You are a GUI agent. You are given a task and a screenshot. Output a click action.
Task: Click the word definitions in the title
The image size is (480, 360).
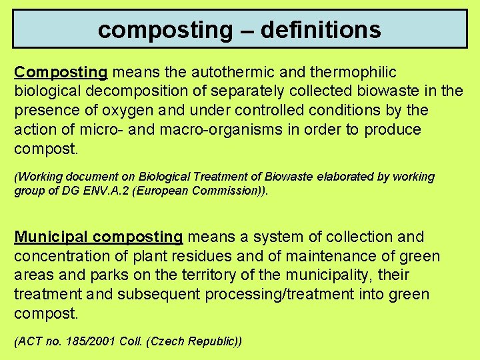[321, 29]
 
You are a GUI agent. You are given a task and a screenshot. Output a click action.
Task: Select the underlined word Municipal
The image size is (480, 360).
[51, 237]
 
